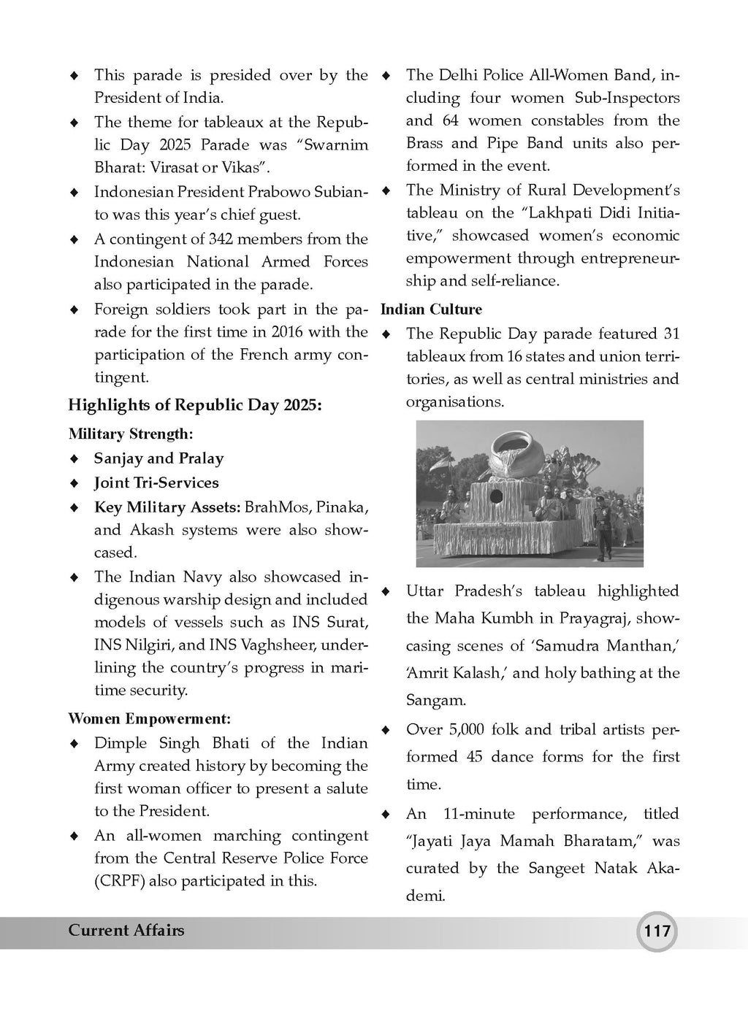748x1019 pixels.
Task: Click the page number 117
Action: (x=656, y=931)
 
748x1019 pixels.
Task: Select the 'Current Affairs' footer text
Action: (x=126, y=930)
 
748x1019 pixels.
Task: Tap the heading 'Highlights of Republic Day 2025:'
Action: (x=194, y=404)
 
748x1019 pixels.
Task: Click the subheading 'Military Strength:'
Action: (x=131, y=434)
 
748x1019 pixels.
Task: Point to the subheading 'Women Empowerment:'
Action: (x=149, y=718)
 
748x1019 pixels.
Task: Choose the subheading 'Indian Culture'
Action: (x=431, y=309)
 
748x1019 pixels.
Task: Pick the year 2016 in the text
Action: (x=288, y=331)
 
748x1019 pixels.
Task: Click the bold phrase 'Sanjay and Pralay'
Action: (x=159, y=458)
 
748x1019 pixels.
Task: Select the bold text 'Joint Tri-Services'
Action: (x=156, y=482)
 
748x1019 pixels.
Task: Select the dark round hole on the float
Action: (x=496, y=496)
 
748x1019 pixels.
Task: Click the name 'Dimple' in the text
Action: (x=117, y=743)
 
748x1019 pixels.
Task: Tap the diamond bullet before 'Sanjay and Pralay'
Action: (x=73, y=459)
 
